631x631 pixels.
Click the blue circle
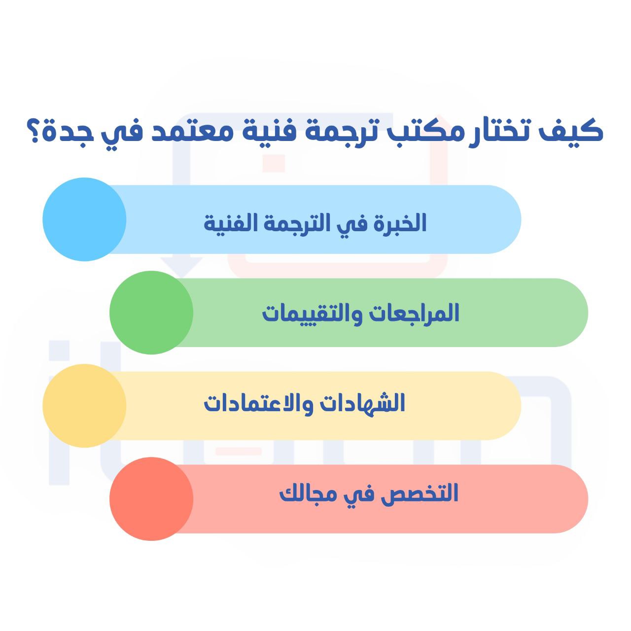pos(84,219)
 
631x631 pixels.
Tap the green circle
pos(151,313)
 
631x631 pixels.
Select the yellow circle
pos(84,406)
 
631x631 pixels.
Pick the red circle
pos(151,499)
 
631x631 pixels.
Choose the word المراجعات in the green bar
pos(414,313)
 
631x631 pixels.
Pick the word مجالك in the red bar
pos(303,494)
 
